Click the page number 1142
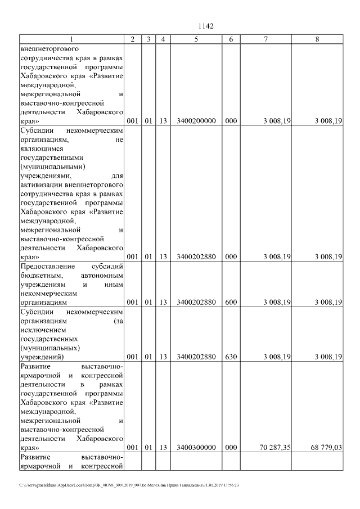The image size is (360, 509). (x=205, y=26)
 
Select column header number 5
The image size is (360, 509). (x=196, y=39)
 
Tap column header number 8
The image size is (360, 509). (x=317, y=39)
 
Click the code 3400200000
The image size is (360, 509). (x=196, y=121)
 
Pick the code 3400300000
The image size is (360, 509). (x=196, y=448)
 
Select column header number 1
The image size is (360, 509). (x=71, y=39)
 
